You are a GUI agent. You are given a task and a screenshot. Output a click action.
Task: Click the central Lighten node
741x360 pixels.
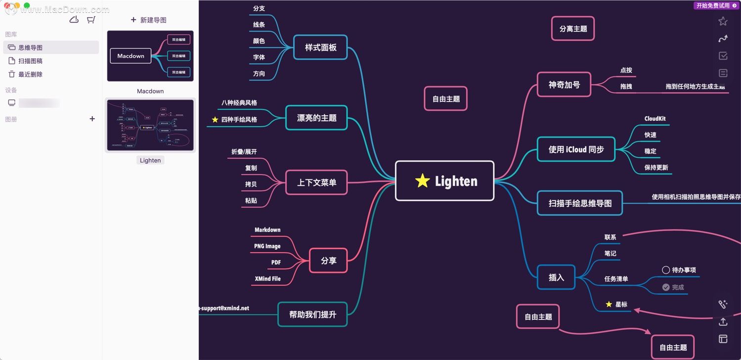tap(444, 181)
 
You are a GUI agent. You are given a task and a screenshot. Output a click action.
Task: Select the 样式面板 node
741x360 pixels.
tap(320, 47)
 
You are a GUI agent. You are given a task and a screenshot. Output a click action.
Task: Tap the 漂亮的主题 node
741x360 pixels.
tap(316, 118)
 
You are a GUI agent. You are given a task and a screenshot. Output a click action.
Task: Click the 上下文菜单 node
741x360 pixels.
tap(316, 182)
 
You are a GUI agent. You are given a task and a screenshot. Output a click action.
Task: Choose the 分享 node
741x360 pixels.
tap(328, 261)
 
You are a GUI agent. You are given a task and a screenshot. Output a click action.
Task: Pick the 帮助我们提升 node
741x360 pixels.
tap(312, 314)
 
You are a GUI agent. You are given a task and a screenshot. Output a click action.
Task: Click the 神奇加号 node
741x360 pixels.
tap(564, 85)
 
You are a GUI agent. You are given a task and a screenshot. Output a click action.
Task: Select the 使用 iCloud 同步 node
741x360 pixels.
tap(576, 149)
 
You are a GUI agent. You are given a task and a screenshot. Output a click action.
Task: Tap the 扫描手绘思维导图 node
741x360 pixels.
tap(580, 203)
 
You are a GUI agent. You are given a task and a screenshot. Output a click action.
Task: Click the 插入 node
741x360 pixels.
tap(556, 277)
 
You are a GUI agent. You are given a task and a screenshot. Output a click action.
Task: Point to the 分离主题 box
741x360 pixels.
tap(573, 29)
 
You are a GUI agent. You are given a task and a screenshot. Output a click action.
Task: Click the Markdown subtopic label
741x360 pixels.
tap(267, 230)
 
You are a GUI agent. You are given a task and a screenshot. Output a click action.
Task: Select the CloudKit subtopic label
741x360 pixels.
tap(654, 119)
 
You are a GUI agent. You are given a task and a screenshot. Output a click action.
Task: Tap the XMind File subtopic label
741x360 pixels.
tap(267, 279)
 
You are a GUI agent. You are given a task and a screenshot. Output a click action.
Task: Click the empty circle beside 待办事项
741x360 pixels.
tap(666, 270)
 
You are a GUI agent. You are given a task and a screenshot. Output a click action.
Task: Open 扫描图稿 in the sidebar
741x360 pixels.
tap(30, 61)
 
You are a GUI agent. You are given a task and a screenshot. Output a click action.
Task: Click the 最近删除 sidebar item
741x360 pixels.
tap(30, 74)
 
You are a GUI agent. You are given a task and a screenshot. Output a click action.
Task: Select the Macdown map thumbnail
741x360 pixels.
tap(150, 56)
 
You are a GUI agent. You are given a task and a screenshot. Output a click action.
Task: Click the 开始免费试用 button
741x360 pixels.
tap(716, 5)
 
